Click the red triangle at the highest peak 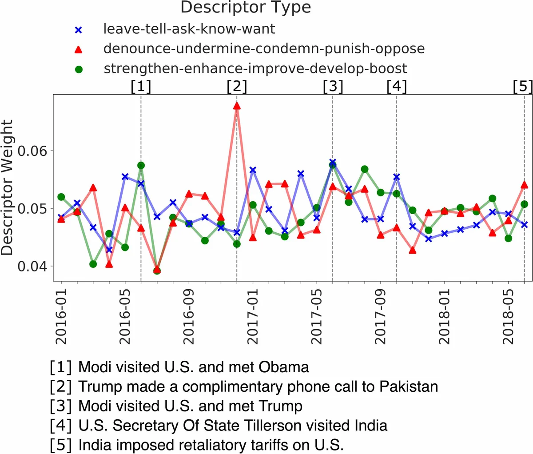pos(237,106)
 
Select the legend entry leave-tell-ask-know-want pos(189,29)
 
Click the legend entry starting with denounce pos(264,48)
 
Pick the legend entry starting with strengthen pos(255,68)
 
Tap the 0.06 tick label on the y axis pos(32,151)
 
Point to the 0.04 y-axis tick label pos(32,267)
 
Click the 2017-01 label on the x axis pos(253,317)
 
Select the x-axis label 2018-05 pos(508,317)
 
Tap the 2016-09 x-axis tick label pos(189,317)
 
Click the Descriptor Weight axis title pos(8,187)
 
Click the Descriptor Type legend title pos(246,8)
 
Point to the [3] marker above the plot pos(333,86)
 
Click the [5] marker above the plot pos(522,86)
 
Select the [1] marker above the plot pos(141,86)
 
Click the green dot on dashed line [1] pos(141,165)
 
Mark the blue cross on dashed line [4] pos(397,177)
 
